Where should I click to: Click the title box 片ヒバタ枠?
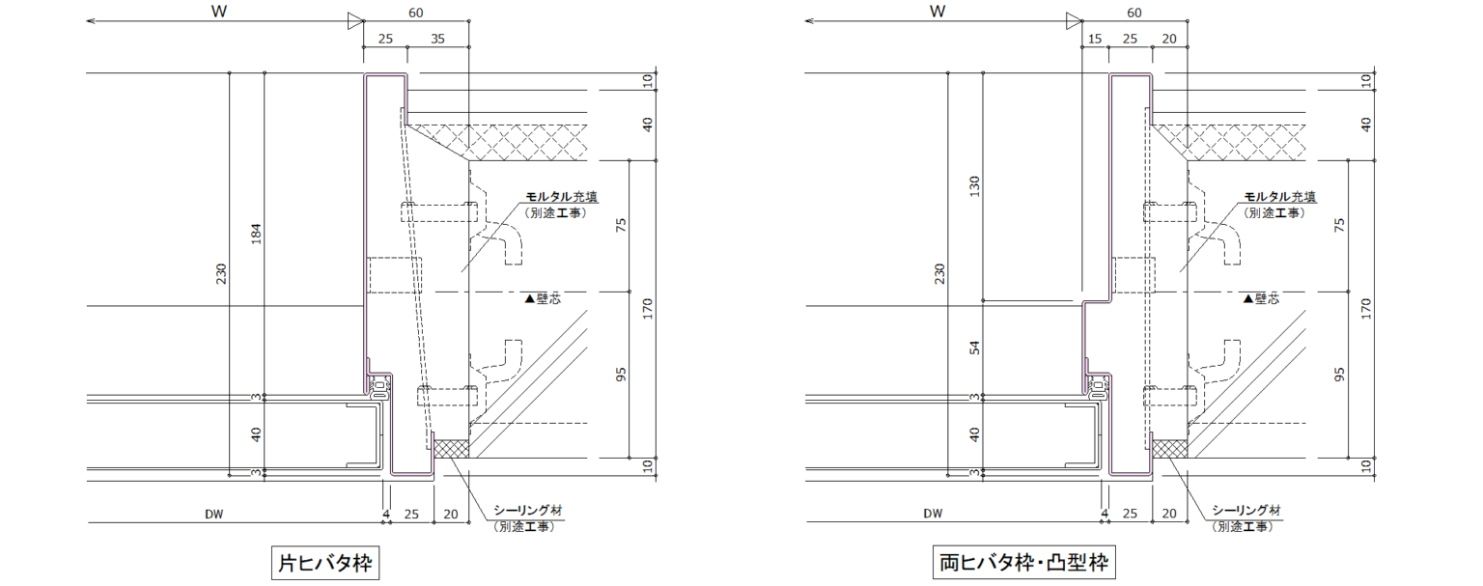tap(325, 563)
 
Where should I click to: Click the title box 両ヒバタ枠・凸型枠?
tap(1023, 563)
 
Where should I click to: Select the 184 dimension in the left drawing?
tap(256, 234)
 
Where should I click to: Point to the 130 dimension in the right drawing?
tap(974, 186)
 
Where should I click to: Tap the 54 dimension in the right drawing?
tap(974, 348)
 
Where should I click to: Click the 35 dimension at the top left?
tap(437, 39)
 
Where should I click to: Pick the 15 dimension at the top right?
tap(1094, 39)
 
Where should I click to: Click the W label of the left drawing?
tap(219, 12)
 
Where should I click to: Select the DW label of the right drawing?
tap(933, 514)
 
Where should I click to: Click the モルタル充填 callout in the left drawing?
tap(561, 197)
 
